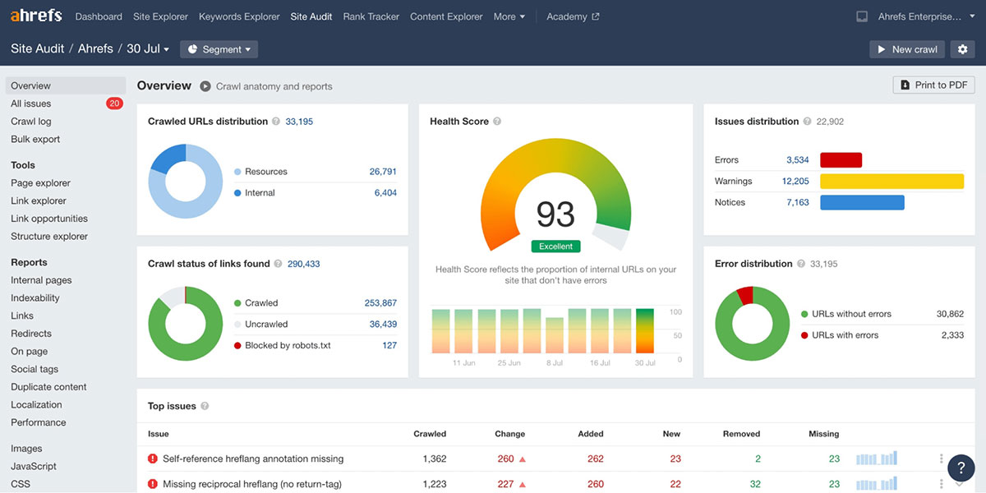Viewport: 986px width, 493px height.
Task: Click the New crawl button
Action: (906, 49)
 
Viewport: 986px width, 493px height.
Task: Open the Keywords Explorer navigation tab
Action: (239, 16)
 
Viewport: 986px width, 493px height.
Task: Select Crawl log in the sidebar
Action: (31, 122)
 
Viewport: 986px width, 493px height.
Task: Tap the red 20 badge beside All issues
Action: (114, 104)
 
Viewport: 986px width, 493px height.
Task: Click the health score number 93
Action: (555, 214)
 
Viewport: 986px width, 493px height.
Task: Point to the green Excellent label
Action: (555, 246)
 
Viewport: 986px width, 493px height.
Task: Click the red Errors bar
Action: (841, 160)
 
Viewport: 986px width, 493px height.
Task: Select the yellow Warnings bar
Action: (892, 182)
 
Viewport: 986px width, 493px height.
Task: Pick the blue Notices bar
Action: (862, 202)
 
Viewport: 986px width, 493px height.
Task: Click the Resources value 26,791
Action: (383, 172)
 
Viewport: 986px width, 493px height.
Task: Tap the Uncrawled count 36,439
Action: (383, 325)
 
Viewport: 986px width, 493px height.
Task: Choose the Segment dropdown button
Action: (219, 49)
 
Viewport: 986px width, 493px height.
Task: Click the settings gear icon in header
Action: (963, 49)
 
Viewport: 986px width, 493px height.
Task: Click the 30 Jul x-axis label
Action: (645, 362)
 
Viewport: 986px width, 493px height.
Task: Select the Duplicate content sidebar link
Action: (48, 387)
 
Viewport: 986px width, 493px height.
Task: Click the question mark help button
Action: (961, 467)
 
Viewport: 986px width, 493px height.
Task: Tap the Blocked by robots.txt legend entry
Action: (288, 346)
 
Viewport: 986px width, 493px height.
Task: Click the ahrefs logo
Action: (36, 16)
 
